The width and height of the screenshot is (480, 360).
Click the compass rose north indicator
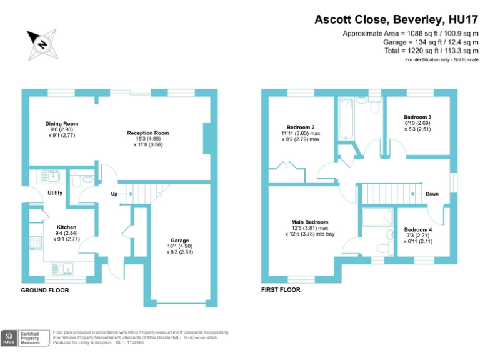pyautogui.click(x=41, y=43)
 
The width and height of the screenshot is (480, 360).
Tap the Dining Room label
pyautogui.click(x=61, y=124)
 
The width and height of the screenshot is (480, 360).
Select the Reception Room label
pyautogui.click(x=148, y=133)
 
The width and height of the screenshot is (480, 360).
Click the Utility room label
pyautogui.click(x=55, y=193)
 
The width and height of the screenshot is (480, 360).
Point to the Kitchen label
pyautogui.click(x=66, y=227)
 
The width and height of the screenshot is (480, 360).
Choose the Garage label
pyautogui.click(x=180, y=240)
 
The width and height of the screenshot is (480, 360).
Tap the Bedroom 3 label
pyautogui.click(x=417, y=117)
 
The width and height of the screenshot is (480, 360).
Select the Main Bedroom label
pyautogui.click(x=309, y=222)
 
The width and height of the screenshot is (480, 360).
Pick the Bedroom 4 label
pyautogui.click(x=417, y=229)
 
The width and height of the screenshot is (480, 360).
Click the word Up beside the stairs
pyautogui.click(x=114, y=194)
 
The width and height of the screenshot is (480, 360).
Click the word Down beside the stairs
pyautogui.click(x=432, y=194)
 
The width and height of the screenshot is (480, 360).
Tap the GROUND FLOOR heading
pyautogui.click(x=45, y=291)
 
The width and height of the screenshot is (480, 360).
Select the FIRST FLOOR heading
pyautogui.click(x=281, y=290)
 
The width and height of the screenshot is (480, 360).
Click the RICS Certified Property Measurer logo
pyautogui.click(x=25, y=338)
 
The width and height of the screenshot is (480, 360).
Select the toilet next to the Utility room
pyautogui.click(x=76, y=182)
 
